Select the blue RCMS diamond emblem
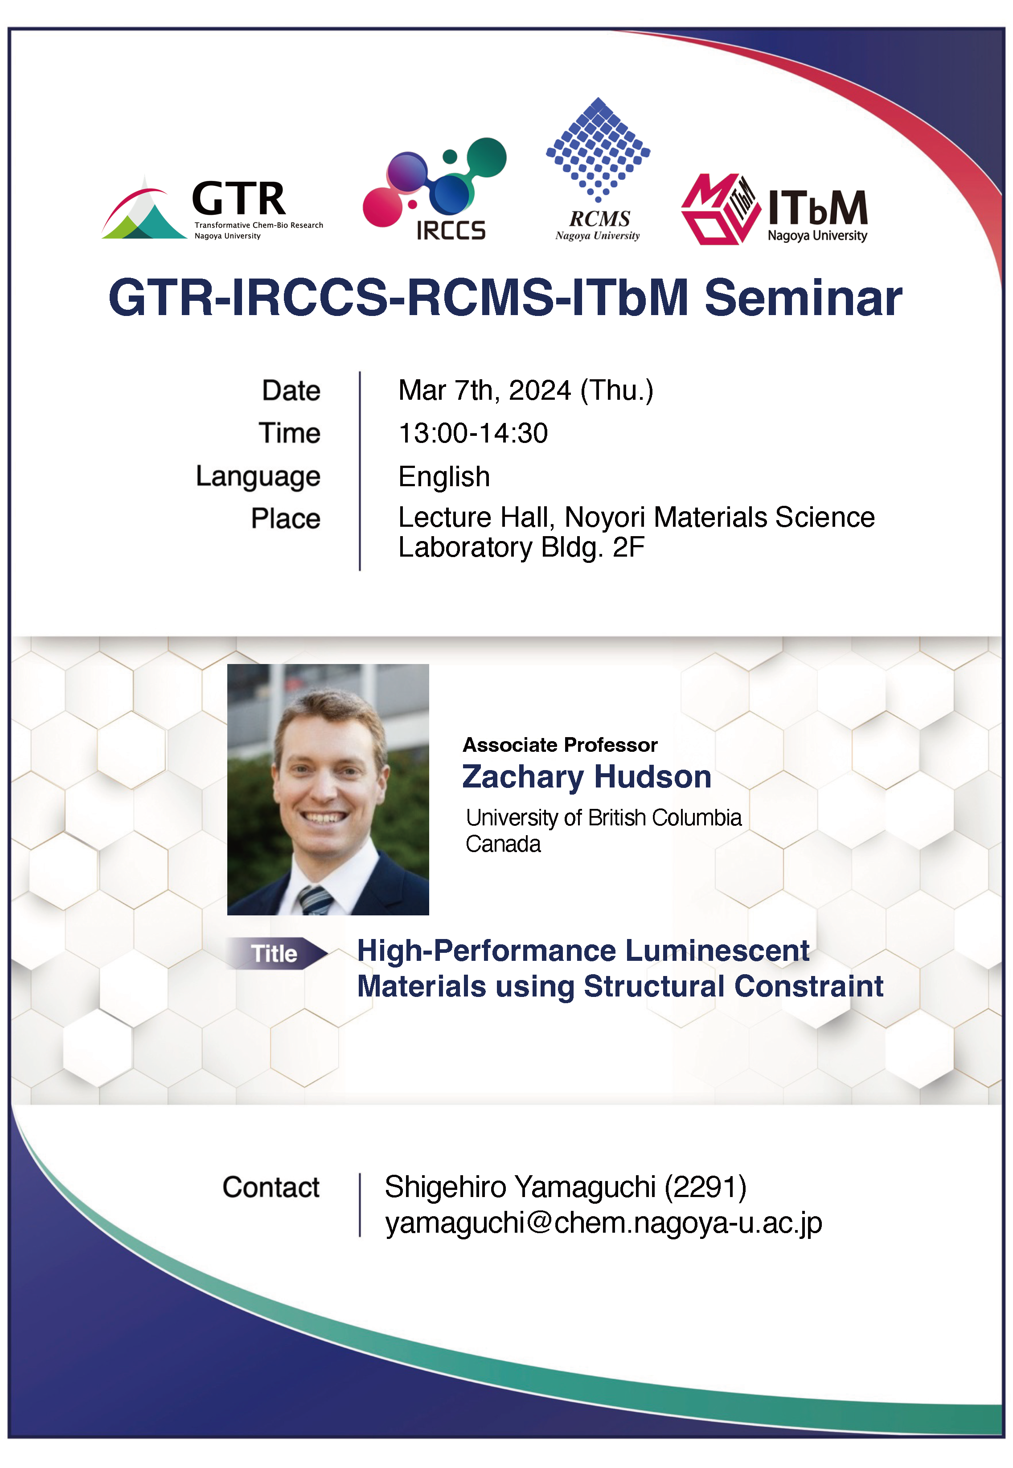click(598, 149)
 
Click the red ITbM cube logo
click(720, 209)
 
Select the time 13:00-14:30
click(473, 434)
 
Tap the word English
click(444, 477)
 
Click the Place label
click(286, 519)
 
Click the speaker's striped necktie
click(316, 900)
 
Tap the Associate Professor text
click(560, 744)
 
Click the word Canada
click(503, 844)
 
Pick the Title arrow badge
click(277, 953)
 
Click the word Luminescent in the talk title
click(717, 951)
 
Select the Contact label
click(271, 1187)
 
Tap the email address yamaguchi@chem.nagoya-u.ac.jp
click(603, 1223)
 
